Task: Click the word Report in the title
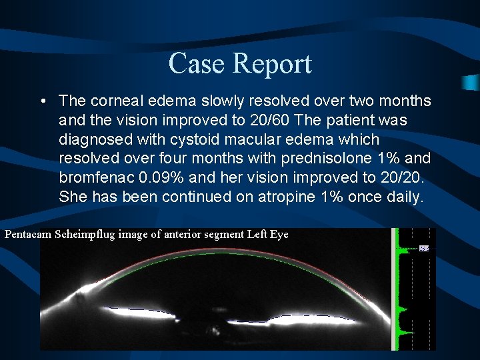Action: coord(272,64)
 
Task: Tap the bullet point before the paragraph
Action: coord(42,101)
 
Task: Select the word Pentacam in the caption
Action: coord(29,235)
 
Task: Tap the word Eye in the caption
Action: coord(279,235)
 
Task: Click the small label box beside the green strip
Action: coord(423,249)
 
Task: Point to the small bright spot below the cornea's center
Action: coord(215,330)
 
